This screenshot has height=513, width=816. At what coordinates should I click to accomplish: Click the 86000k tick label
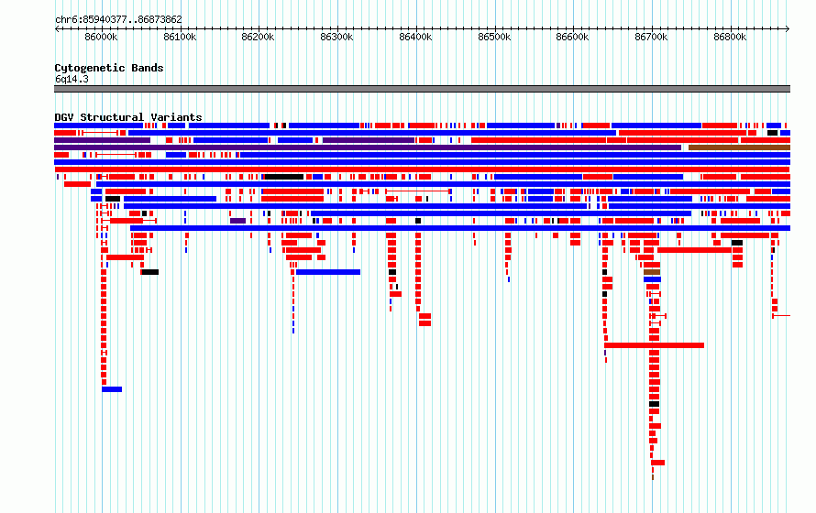(x=101, y=37)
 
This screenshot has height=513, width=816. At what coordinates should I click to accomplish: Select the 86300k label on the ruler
(x=336, y=37)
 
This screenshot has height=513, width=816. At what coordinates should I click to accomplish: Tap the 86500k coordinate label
(x=494, y=37)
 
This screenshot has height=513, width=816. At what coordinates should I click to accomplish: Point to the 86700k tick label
(x=651, y=37)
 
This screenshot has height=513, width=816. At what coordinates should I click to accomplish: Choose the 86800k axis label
(x=730, y=37)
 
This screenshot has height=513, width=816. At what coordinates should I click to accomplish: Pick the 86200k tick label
(x=259, y=37)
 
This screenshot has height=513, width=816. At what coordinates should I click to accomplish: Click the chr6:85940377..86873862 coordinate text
(x=118, y=20)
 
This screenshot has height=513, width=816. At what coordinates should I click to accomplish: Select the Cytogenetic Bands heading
(x=109, y=68)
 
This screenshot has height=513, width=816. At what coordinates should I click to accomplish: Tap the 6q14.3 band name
(x=72, y=79)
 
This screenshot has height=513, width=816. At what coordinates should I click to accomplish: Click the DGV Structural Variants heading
(x=128, y=117)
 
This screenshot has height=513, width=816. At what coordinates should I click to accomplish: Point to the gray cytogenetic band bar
(x=422, y=89)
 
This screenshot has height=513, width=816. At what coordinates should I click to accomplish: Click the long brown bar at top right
(x=739, y=147)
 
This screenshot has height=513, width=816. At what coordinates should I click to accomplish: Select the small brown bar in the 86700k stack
(x=652, y=272)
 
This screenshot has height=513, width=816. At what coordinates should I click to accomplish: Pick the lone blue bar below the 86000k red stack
(x=112, y=389)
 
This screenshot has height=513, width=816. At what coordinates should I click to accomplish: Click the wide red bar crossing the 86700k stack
(x=654, y=345)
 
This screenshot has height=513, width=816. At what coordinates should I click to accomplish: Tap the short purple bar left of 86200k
(x=237, y=221)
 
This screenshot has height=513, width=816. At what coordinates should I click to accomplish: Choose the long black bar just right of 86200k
(x=284, y=177)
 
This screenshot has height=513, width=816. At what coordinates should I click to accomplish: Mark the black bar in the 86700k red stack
(x=654, y=404)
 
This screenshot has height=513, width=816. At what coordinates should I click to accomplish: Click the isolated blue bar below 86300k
(x=328, y=272)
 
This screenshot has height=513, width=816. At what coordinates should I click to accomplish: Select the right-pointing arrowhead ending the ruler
(x=788, y=29)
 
